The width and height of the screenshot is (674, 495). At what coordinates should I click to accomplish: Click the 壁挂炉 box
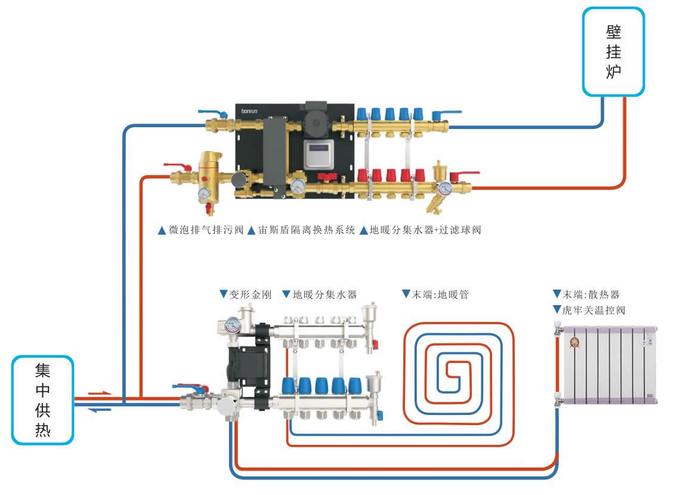[x=614, y=51]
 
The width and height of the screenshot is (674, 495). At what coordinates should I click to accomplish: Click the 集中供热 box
[x=42, y=399]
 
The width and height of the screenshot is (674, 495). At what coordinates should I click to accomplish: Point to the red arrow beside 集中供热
[x=98, y=393]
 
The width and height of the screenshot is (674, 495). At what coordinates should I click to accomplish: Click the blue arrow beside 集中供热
[x=98, y=410]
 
